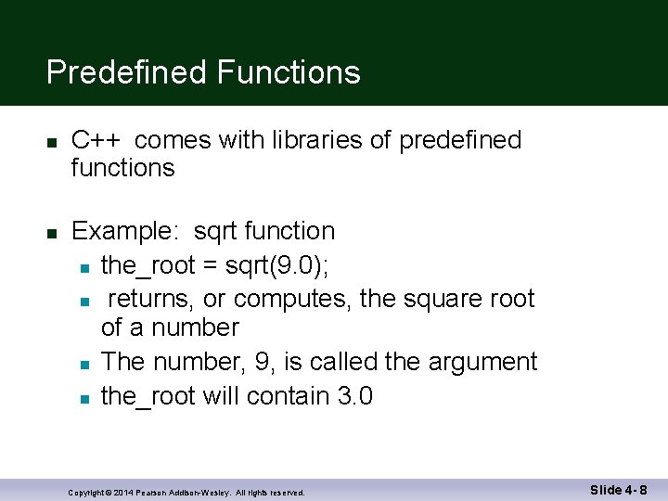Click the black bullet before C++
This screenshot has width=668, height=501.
point(53,142)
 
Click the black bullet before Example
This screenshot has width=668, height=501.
point(53,233)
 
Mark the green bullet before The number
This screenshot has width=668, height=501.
point(83,364)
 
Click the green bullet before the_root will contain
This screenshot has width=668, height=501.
point(83,399)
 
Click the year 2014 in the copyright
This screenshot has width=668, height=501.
point(123,493)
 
